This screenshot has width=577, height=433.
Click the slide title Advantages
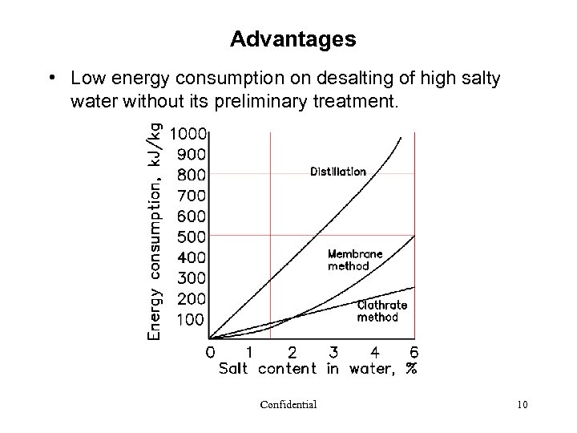click(293, 38)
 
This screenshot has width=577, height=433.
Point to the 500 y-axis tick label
click(192, 237)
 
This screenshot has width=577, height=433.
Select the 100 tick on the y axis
click(192, 320)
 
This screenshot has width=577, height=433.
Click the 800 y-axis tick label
click(192, 174)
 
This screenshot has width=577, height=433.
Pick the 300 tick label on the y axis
click(192, 278)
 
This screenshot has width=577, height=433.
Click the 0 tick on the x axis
click(209, 351)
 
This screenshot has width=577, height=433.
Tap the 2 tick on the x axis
click(292, 351)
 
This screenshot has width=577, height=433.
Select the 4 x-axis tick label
click(373, 351)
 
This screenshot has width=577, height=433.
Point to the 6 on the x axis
click(414, 351)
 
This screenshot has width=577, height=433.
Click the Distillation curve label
click(338, 172)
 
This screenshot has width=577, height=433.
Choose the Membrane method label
click(355, 260)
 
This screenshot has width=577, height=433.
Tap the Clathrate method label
click(381, 311)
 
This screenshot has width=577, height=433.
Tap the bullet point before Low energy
click(50, 79)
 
